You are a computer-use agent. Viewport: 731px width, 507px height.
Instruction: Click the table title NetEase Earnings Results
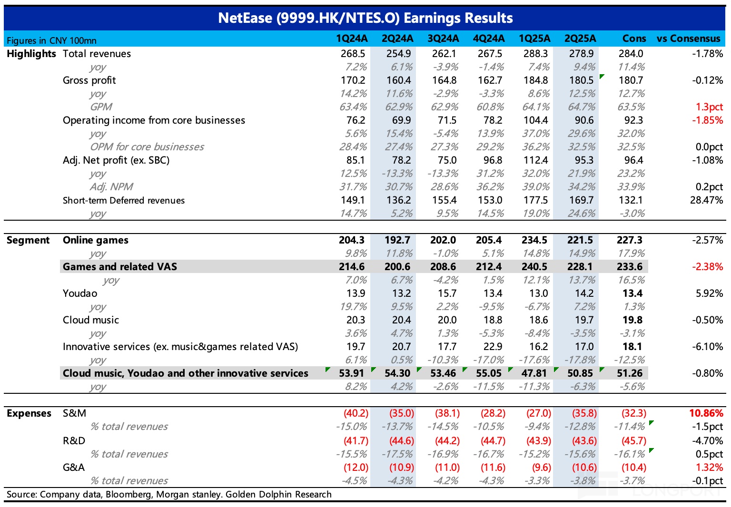pyautogui.click(x=365, y=18)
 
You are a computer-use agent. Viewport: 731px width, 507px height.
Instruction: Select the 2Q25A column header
pyautogui.click(x=580, y=39)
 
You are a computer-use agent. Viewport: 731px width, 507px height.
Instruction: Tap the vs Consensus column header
pyautogui.click(x=688, y=39)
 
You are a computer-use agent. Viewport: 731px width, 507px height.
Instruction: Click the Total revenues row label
pyautogui.click(x=97, y=54)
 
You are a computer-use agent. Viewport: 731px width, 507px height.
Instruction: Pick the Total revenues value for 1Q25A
pyautogui.click(x=535, y=54)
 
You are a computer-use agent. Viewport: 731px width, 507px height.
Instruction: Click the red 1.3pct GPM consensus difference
pyautogui.click(x=709, y=107)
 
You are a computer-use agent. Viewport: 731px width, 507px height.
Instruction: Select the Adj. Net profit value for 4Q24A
pyautogui.click(x=490, y=160)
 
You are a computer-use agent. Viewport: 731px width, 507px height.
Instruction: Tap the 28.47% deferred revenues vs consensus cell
pyautogui.click(x=706, y=200)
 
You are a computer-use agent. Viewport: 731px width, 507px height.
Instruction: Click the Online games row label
pyautogui.click(x=96, y=240)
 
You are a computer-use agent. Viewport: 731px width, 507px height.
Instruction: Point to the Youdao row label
pyautogui.click(x=80, y=293)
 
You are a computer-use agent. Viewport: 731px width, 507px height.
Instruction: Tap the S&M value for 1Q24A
pyautogui.click(x=356, y=413)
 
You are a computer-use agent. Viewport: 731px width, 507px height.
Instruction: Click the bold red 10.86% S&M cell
pyautogui.click(x=706, y=413)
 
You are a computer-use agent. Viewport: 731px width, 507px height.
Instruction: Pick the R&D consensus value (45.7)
pyautogui.click(x=634, y=441)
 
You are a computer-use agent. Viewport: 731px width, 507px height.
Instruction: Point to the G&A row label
pyautogui.click(x=74, y=468)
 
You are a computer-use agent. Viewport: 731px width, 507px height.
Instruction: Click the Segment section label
pyautogui.click(x=28, y=240)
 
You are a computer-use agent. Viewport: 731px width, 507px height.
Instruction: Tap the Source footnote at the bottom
pyautogui.click(x=169, y=494)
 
